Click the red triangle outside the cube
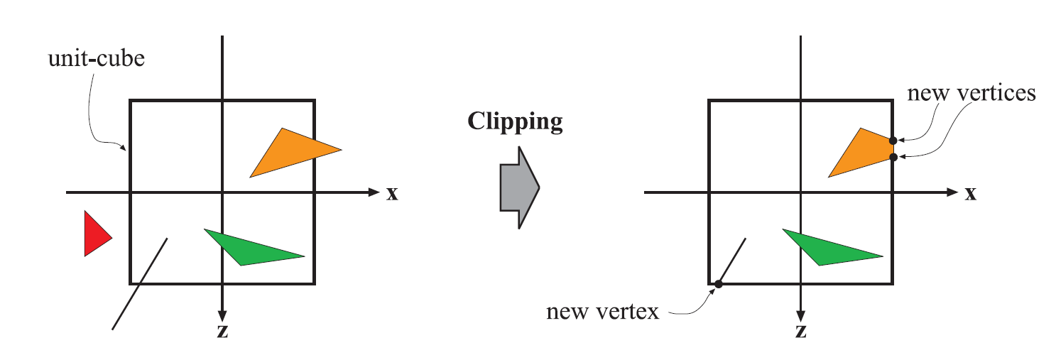pyautogui.click(x=94, y=234)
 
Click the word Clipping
pyautogui.click(x=515, y=121)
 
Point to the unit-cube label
pyautogui.click(x=96, y=58)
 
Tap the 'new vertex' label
pyautogui.click(x=603, y=311)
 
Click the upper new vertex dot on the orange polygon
pyautogui.click(x=893, y=141)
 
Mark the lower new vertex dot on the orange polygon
pyautogui.click(x=893, y=157)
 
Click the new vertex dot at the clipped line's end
pyautogui.click(x=718, y=284)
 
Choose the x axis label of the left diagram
pyautogui.click(x=392, y=193)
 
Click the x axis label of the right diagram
pyautogui.click(x=971, y=193)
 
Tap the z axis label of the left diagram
pyautogui.click(x=222, y=332)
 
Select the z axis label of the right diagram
pyautogui.click(x=801, y=332)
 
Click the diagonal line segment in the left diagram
pyautogui.click(x=140, y=283)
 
